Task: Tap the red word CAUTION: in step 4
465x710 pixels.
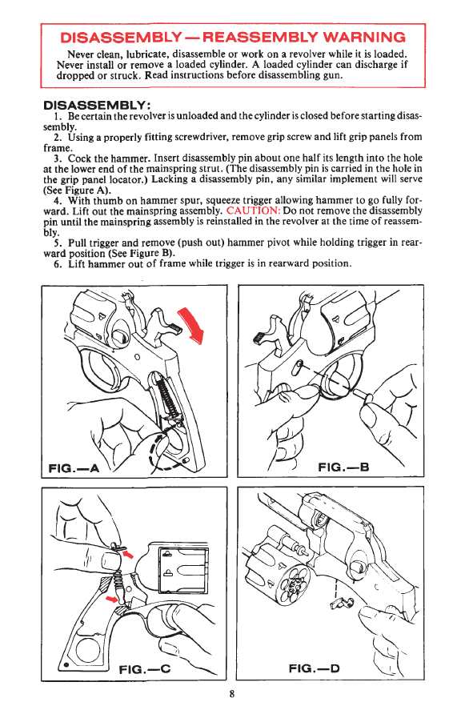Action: tap(253, 211)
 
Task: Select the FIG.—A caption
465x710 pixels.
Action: tap(74, 467)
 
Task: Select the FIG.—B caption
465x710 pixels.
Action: tap(343, 467)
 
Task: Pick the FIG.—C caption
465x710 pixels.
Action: tap(144, 669)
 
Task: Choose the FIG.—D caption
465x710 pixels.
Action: tap(315, 668)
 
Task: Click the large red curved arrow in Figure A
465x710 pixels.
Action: tap(192, 325)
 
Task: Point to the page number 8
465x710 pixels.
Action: tap(232, 694)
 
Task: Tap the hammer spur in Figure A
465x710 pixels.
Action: tap(174, 327)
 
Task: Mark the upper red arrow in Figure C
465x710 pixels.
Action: tap(128, 553)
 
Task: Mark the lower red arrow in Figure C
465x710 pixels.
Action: tap(112, 600)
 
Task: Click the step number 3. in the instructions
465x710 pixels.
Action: tap(58, 158)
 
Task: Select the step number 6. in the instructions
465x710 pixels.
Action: tap(58, 264)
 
